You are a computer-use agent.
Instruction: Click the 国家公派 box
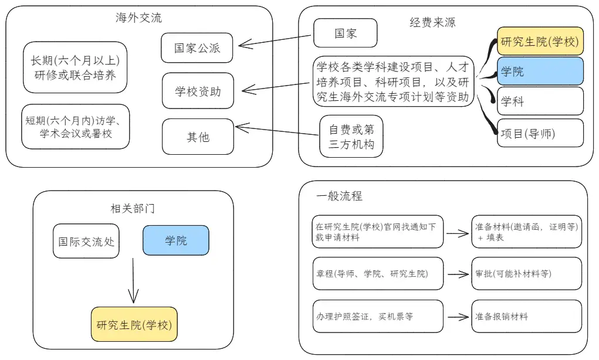click(x=197, y=48)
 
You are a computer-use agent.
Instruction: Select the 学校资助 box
click(x=198, y=91)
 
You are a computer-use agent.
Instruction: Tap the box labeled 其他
click(x=198, y=137)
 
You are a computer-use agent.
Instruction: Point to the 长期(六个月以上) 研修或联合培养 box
click(x=75, y=67)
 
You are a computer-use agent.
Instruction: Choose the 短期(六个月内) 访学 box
click(x=76, y=127)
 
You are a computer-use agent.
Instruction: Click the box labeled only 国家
click(x=346, y=33)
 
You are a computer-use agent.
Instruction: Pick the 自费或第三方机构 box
click(x=351, y=136)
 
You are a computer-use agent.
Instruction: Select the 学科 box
click(x=540, y=101)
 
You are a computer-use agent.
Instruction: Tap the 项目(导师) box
click(x=540, y=133)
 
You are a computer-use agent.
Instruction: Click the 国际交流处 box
click(x=86, y=242)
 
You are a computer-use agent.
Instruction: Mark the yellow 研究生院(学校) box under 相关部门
click(x=134, y=324)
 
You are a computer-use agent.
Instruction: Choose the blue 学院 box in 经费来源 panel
click(x=540, y=72)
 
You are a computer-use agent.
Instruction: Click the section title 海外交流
click(x=138, y=18)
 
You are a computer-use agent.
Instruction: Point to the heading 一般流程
click(x=339, y=196)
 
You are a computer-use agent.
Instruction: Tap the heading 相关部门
click(x=133, y=209)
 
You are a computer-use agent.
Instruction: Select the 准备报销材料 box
click(x=527, y=316)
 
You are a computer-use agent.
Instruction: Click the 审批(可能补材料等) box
click(x=527, y=273)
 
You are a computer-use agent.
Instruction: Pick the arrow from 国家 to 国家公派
click(x=275, y=40)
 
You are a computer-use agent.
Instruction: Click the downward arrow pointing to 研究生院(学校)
click(x=133, y=281)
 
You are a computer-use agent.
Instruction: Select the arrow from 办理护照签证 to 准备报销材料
click(x=458, y=317)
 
